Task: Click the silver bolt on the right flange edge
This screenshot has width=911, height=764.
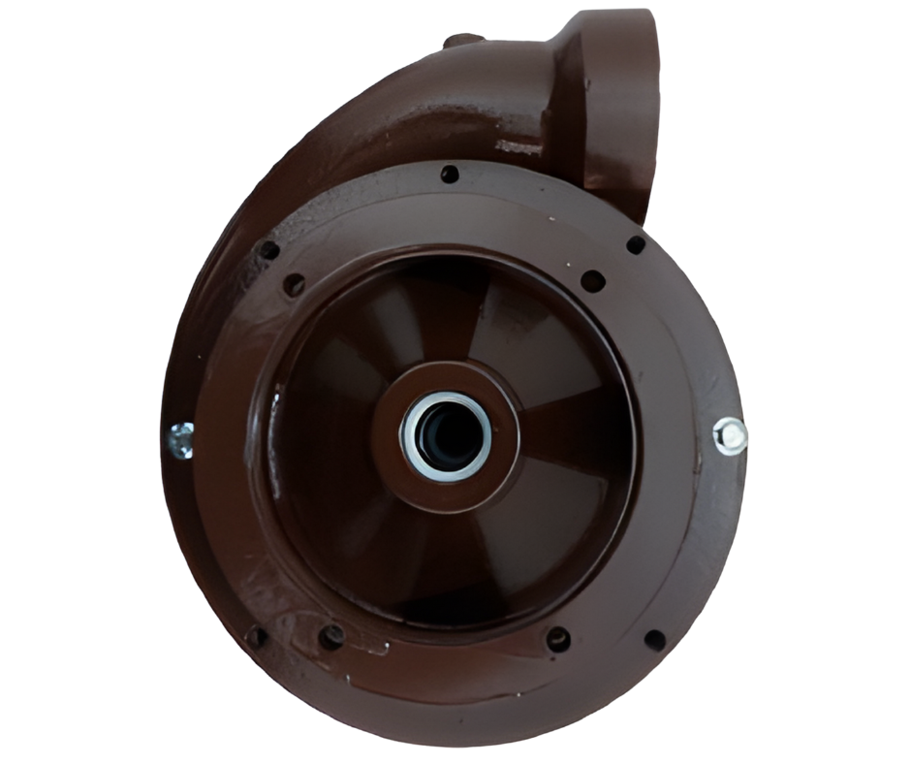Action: tap(730, 435)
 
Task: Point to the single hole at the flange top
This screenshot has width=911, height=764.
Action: tap(450, 175)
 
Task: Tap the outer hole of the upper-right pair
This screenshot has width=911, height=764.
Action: tap(636, 244)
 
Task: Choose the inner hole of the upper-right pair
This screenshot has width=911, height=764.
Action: tap(593, 281)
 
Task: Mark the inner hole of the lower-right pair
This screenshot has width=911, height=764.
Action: tap(558, 639)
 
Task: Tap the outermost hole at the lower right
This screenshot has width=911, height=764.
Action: tap(655, 641)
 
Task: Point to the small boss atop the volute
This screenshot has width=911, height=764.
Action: tap(462, 41)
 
